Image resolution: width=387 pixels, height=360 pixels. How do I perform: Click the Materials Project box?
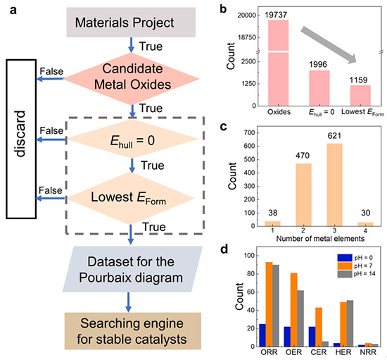point(131,23)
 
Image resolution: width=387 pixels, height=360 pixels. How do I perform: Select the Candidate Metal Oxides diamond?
point(132,79)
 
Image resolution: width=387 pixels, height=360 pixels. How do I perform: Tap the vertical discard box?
point(21,139)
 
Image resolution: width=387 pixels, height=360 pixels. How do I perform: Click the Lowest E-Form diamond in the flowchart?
point(131,198)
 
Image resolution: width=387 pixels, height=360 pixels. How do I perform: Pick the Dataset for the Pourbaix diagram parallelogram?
point(132,269)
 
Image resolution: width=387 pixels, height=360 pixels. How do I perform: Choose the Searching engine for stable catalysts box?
point(133,331)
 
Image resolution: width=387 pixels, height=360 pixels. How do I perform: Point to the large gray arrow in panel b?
point(329,45)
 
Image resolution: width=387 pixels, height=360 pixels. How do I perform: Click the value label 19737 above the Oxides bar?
point(276,15)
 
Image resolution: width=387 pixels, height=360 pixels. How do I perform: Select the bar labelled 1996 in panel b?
point(319,88)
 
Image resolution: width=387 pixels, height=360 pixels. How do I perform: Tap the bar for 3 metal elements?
point(334,185)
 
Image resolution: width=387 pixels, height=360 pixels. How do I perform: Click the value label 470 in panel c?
point(303,156)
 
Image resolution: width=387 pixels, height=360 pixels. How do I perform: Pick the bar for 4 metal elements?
point(365,224)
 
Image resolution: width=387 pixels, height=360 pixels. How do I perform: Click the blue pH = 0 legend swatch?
point(345,258)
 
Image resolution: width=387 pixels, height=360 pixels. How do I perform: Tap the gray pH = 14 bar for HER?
point(350,323)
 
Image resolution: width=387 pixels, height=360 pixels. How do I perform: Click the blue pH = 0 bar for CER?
point(312,337)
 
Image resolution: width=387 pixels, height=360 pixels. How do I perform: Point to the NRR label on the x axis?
point(368,352)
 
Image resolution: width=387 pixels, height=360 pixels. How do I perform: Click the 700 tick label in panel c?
point(249,132)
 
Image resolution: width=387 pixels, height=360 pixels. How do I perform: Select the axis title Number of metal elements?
point(320,238)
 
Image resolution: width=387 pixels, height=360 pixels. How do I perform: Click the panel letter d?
point(224,249)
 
